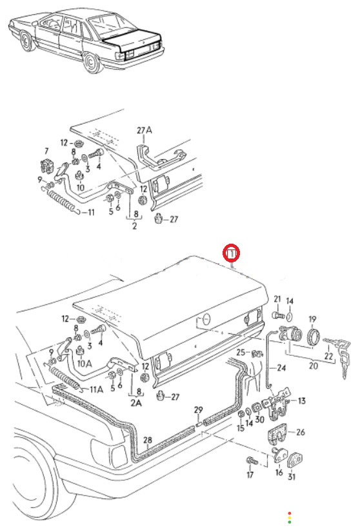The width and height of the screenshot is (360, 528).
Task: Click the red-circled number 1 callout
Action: (x=232, y=253)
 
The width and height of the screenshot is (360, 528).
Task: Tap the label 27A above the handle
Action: (x=145, y=130)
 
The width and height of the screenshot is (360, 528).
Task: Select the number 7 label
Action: (x=46, y=152)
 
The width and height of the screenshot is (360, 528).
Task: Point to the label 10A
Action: (x=85, y=364)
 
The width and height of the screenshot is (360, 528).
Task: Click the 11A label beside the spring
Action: (x=96, y=389)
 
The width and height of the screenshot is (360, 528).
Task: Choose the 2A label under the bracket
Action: (x=136, y=402)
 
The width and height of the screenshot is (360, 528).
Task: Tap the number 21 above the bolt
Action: (x=277, y=298)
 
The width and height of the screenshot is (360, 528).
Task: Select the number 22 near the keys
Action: (x=328, y=356)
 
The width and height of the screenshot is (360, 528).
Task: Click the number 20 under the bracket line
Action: (x=313, y=366)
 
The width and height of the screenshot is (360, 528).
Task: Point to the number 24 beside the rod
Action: (x=281, y=368)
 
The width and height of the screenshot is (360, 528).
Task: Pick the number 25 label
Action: (x=241, y=352)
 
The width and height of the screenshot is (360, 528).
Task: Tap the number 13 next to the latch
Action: (x=301, y=401)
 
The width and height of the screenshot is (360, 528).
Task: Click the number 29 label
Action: (x=199, y=410)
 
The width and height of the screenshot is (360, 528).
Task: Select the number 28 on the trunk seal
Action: (x=148, y=440)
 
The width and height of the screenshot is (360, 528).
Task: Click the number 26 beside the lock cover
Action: (x=300, y=432)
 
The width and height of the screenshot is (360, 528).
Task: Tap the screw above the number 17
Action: (x=252, y=461)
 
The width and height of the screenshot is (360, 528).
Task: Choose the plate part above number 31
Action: (x=294, y=460)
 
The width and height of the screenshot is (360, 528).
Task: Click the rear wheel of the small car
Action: (x=91, y=63)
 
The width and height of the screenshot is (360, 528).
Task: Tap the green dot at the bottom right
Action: (x=289, y=522)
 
